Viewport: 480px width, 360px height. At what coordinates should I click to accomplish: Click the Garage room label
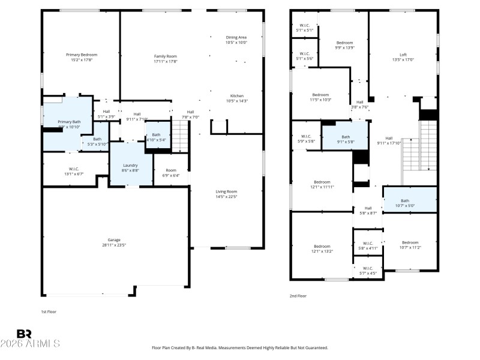(x=113, y=239)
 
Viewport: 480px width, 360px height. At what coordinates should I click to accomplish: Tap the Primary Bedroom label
(x=82, y=55)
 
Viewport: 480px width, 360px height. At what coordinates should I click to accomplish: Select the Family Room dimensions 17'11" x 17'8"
(x=166, y=61)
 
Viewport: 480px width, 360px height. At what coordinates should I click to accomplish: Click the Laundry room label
(x=130, y=165)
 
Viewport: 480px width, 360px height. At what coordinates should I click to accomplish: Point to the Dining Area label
(x=236, y=37)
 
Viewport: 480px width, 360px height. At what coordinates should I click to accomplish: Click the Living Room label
(x=226, y=191)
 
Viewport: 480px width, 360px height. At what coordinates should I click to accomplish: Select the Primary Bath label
(x=69, y=122)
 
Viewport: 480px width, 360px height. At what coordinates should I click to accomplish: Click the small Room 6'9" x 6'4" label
(x=171, y=170)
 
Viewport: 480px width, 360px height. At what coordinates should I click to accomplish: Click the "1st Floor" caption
(x=49, y=312)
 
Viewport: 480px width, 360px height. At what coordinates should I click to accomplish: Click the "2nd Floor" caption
(x=299, y=296)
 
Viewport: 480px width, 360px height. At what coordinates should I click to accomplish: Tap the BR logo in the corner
(x=24, y=334)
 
